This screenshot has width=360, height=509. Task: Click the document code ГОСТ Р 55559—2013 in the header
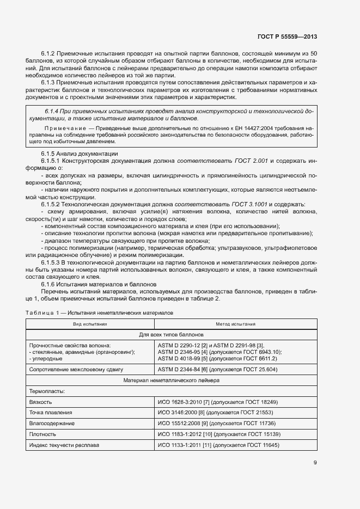coord(286,37)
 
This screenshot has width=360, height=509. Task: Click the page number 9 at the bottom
coord(315,463)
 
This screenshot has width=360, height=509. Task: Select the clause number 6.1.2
coord(49,53)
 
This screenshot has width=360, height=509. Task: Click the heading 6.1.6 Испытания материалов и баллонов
coord(99,284)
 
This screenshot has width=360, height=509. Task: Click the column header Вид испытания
coord(90,324)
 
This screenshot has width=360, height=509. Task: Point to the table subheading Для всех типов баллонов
coord(171,334)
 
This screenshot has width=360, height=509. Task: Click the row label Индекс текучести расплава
coord(64,445)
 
